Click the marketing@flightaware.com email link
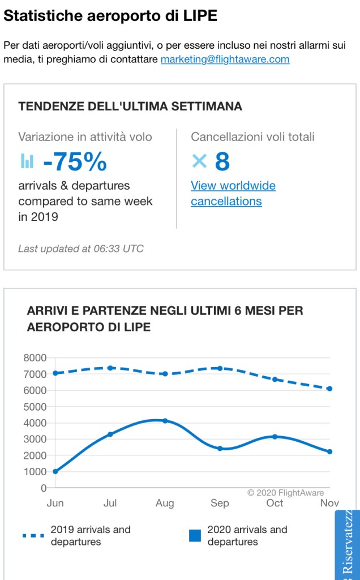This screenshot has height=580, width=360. coord(225,59)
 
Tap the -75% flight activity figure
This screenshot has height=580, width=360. coord(75,162)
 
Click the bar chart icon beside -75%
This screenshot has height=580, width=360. coord(27,161)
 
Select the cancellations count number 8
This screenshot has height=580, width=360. coord(222,162)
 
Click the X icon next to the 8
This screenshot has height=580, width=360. coord(199,161)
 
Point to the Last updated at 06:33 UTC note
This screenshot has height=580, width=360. coord(81,249)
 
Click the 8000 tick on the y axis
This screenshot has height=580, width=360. coord(35,358)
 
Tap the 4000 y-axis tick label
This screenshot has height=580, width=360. coord(35,423)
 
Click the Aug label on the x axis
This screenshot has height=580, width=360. coord(165,503)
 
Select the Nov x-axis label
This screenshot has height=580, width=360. coord(329,503)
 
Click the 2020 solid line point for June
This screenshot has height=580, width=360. coord(55,471)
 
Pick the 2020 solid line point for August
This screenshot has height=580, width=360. coord(165,421)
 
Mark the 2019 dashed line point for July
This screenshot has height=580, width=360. coord(110,368)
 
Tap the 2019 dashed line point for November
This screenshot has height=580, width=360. coord(329,389)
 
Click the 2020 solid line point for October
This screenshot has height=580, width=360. coord(275,437)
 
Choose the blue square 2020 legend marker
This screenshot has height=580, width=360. coord(195,535)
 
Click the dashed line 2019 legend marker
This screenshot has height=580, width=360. coord(33,535)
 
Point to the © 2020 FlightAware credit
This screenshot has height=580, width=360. coord(286,493)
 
